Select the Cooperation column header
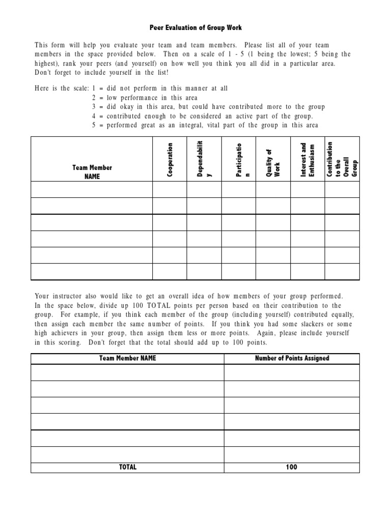click(x=170, y=160)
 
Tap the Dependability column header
click(x=204, y=159)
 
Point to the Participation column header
click(x=238, y=159)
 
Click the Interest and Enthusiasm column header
click(x=308, y=160)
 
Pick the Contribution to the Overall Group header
click(x=342, y=159)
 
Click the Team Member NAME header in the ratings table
click(x=92, y=172)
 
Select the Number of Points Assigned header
click(x=292, y=358)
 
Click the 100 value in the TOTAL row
click(x=292, y=467)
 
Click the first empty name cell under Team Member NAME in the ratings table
click(x=92, y=189)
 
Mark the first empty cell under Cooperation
click(x=170, y=189)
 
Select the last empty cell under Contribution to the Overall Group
click(x=342, y=272)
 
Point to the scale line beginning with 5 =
click(x=205, y=126)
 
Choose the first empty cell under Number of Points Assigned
click(x=292, y=373)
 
